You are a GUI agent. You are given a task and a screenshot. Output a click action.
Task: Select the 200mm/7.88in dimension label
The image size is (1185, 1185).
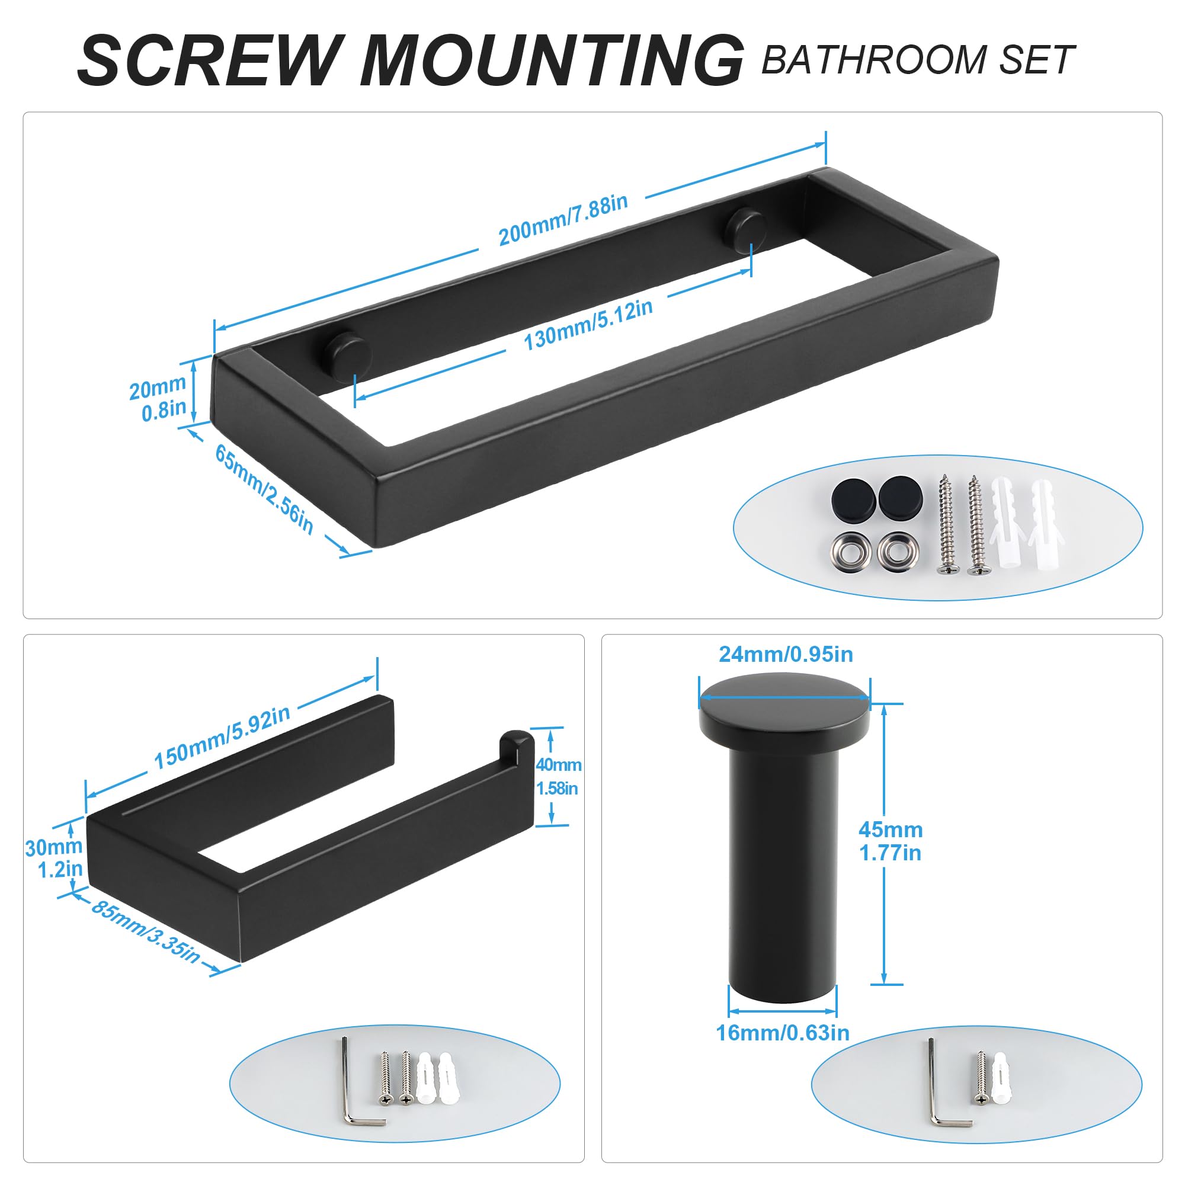pyautogui.click(x=563, y=219)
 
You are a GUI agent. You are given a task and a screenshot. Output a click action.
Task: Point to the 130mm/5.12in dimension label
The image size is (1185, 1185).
pyautogui.click(x=588, y=325)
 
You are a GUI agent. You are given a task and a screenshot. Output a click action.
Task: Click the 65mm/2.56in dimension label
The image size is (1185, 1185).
pyautogui.click(x=264, y=488)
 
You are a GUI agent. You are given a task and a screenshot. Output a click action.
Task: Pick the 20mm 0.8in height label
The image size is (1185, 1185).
pyautogui.click(x=158, y=398)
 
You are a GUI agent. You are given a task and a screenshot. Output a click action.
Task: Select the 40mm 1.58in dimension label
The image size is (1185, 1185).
pyautogui.click(x=558, y=776)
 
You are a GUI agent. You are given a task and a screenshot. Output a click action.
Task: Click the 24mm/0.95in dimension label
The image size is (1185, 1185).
pyautogui.click(x=786, y=655)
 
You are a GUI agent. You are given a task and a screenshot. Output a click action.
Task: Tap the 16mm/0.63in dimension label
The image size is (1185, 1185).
pyautogui.click(x=783, y=1033)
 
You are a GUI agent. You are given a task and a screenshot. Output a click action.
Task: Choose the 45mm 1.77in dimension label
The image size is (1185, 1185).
pyautogui.click(x=891, y=841)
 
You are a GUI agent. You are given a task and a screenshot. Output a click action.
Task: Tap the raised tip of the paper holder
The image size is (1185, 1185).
pyautogui.click(x=517, y=748)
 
